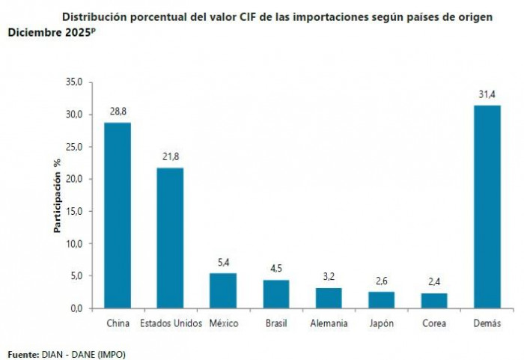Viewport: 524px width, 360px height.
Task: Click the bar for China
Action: point(117,215)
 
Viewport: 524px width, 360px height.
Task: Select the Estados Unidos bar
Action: point(170,237)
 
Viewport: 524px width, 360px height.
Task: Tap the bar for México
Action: point(222,290)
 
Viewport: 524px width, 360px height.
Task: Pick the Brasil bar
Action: point(275,293)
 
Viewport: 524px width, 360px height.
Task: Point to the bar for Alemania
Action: point(329,298)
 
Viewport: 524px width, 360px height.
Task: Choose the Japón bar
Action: point(381,299)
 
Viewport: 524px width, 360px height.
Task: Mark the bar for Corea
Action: point(434,300)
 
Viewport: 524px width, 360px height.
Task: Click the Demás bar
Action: point(487,207)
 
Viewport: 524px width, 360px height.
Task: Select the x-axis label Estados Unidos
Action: point(170,323)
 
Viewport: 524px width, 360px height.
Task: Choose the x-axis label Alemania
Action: point(329,323)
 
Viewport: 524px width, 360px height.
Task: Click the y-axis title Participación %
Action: point(57,195)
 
